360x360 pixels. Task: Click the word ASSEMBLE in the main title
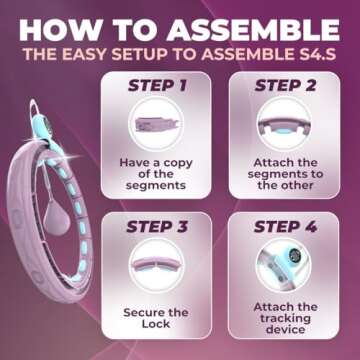pos(253,30)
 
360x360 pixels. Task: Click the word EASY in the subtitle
pos(84,55)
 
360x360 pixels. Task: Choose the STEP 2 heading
pos(286,86)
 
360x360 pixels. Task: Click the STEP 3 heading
pos(157,226)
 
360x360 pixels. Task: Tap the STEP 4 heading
pos(285,226)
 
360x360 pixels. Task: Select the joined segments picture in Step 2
pos(284,126)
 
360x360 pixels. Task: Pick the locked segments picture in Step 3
pos(156,263)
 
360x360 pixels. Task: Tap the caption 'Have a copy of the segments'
pos(156,174)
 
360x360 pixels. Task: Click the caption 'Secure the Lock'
pos(156,318)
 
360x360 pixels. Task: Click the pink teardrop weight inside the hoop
pos(56,219)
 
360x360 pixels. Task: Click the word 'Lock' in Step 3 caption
pos(156,324)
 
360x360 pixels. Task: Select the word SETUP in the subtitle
pos(140,55)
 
